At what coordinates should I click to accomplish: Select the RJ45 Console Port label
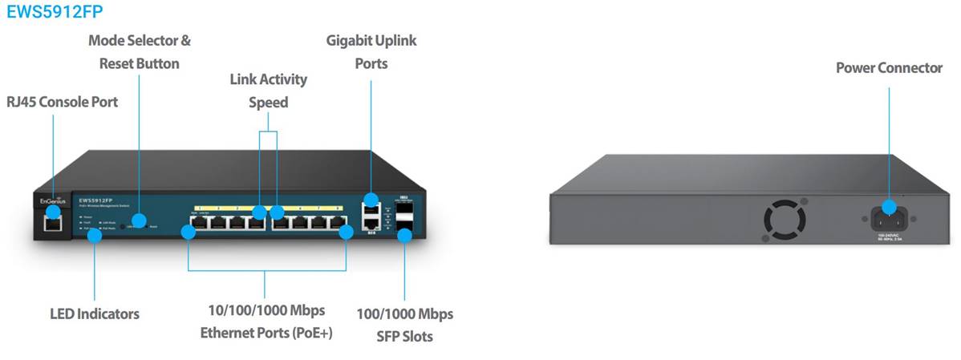coord(62,102)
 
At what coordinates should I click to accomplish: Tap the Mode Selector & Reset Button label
coord(140,51)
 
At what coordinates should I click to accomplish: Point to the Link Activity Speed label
coord(268,91)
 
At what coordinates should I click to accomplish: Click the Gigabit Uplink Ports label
coord(371,51)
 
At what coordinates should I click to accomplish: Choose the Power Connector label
coord(889,68)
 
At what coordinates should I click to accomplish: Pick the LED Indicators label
coord(95,313)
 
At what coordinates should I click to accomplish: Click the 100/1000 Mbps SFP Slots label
coord(405,325)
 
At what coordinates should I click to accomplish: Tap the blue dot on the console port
coord(53,212)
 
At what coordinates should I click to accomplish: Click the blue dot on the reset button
coord(140,219)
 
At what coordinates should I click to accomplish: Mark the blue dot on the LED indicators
coord(95,233)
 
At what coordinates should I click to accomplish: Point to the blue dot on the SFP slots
coord(405,235)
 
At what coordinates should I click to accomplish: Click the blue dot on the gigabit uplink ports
coord(371,199)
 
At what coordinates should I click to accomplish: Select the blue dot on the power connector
coord(889,206)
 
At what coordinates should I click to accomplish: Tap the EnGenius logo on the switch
coord(53,200)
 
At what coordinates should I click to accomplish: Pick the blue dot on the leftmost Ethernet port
coord(189,233)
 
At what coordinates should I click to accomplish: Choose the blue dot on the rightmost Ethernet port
coord(346,233)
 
